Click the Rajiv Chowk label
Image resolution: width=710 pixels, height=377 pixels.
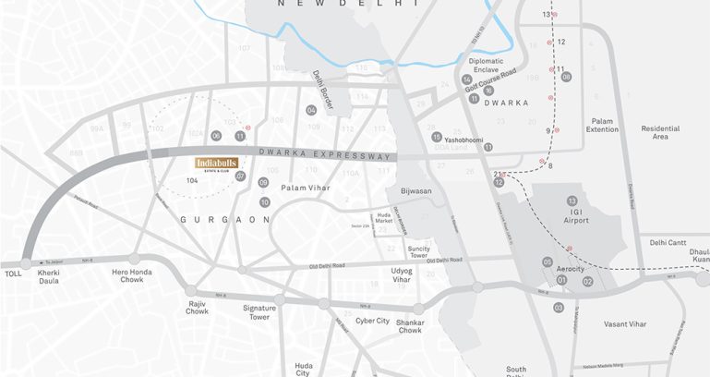tap(197, 308)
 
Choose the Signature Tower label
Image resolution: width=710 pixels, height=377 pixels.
tap(262, 311)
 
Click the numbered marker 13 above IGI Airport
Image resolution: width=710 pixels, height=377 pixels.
tap(572, 201)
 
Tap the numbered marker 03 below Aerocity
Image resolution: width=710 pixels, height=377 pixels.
tap(558, 307)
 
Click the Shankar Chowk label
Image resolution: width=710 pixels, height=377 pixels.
tap(410, 325)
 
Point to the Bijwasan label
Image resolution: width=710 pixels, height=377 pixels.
tap(415, 190)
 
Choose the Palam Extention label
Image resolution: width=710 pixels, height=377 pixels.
tap(604, 125)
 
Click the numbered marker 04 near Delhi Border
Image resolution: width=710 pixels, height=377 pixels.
tap(312, 110)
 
